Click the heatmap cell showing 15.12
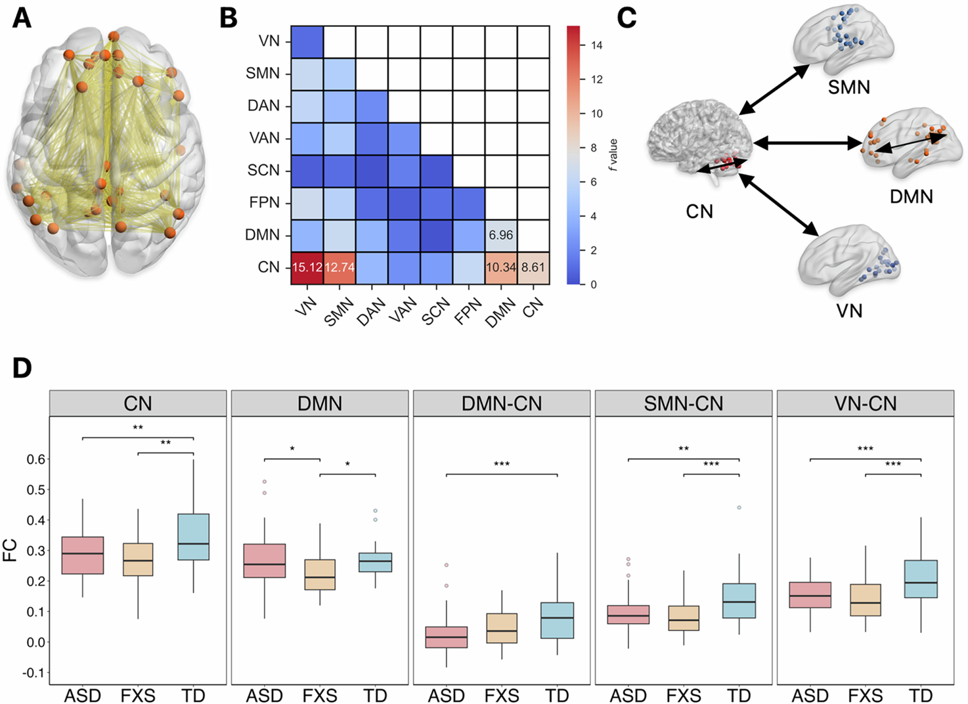pyautogui.click(x=307, y=268)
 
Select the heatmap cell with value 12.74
pyautogui.click(x=339, y=268)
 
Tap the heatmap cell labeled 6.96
pyautogui.click(x=501, y=235)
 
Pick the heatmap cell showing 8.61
pyautogui.click(x=533, y=268)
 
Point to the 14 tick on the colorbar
pyautogui.click(x=596, y=45)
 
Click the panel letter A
pyautogui.click(x=22, y=18)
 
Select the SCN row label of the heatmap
pyautogui.click(x=263, y=171)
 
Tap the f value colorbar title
pyautogui.click(x=613, y=155)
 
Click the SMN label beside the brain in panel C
pyautogui.click(x=848, y=87)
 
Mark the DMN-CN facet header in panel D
pyautogui.click(x=502, y=403)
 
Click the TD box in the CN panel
pyautogui.click(x=194, y=537)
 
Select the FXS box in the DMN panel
pyautogui.click(x=320, y=575)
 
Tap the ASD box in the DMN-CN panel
pyautogui.click(x=447, y=637)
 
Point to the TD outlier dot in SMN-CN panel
pyautogui.click(x=739, y=508)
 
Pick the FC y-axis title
pyautogui.click(x=11, y=550)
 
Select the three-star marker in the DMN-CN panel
pyautogui.click(x=502, y=464)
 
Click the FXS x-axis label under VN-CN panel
pyautogui.click(x=866, y=695)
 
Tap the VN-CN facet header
pyautogui.click(x=866, y=403)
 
